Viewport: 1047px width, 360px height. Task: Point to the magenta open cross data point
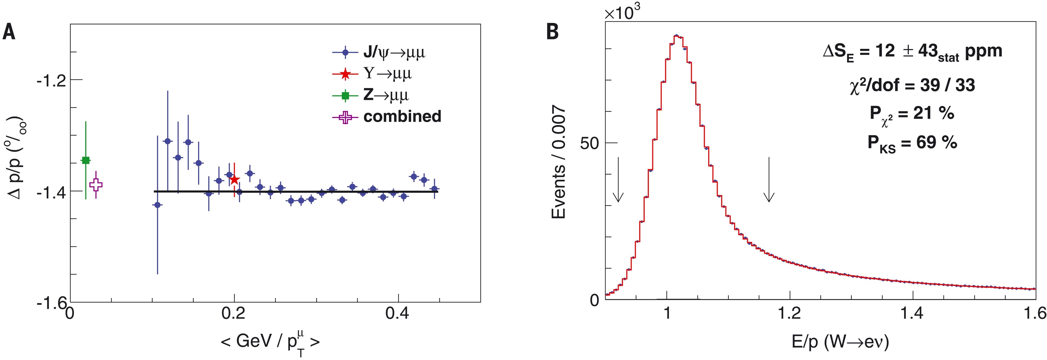click(96, 185)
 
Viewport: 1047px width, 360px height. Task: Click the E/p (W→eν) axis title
click(841, 342)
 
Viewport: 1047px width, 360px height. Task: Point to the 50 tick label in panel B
click(589, 143)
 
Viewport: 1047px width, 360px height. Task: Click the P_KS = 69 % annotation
click(913, 143)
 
